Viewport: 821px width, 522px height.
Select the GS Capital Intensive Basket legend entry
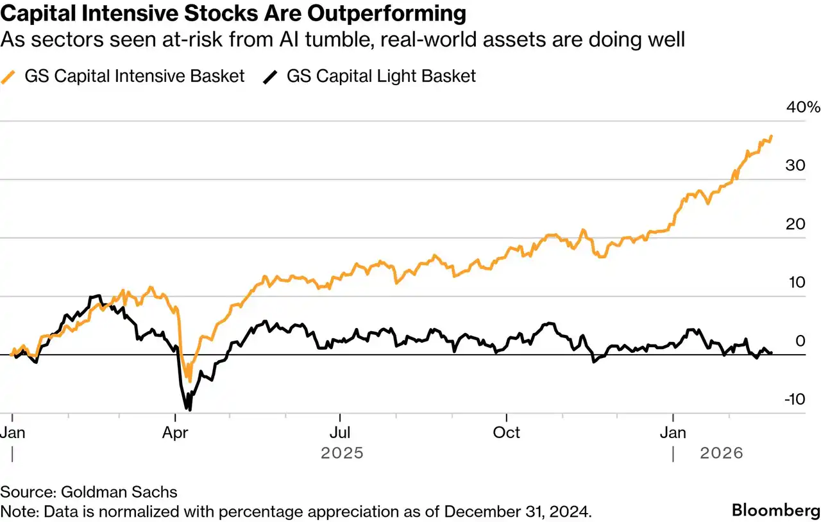pos(134,76)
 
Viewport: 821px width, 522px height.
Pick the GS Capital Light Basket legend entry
pos(381,76)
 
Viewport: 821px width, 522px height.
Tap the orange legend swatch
pos(9,77)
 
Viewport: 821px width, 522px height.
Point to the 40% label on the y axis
pos(803,107)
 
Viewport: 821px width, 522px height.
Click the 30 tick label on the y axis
pos(795,165)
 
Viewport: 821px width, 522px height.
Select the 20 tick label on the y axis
pos(795,224)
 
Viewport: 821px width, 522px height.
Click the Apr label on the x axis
pos(175,432)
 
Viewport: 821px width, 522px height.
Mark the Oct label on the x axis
pos(506,432)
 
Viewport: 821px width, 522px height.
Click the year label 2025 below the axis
pos(342,453)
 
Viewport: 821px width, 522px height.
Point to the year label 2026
pos(721,453)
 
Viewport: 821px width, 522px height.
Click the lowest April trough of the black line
pos(189,409)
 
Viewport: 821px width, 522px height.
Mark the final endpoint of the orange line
pos(772,136)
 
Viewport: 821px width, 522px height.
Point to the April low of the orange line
pos(189,381)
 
